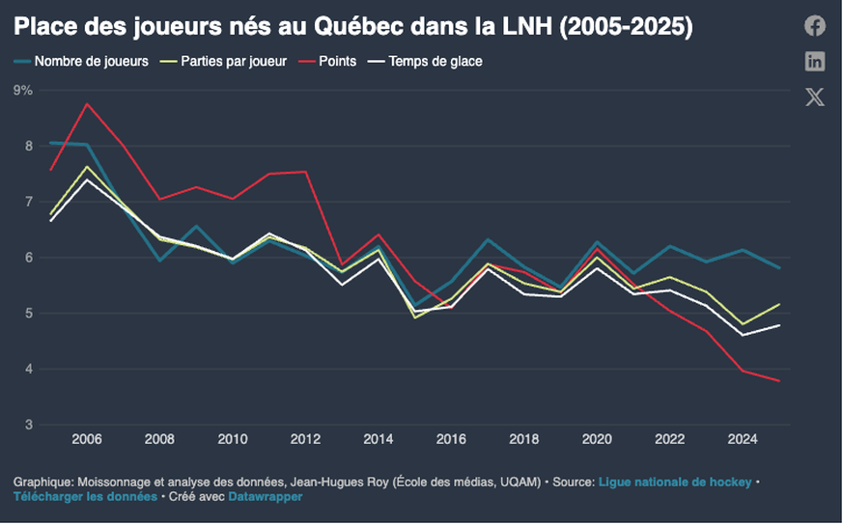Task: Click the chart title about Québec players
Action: (352, 27)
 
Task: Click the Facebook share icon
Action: (815, 26)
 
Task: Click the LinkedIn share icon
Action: (815, 62)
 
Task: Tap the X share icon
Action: (815, 97)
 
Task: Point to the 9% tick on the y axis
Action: (23, 90)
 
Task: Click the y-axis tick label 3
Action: (28, 425)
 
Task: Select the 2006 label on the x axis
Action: (87, 439)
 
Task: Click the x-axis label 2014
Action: (379, 439)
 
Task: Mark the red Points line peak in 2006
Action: (87, 103)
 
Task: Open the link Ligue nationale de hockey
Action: (674, 481)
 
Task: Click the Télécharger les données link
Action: (85, 497)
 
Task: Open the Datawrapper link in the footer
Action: (266, 497)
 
